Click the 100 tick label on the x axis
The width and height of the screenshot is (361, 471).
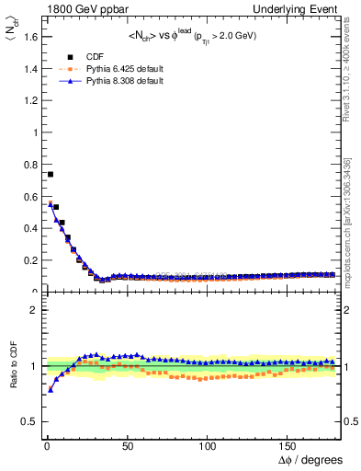[x=208, y=445]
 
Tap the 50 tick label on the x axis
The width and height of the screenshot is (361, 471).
[x=127, y=445]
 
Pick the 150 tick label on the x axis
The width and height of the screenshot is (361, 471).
[x=288, y=445]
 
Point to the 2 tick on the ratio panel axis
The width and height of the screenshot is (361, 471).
[x=31, y=310]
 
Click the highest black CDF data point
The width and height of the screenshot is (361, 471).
[x=51, y=174]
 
